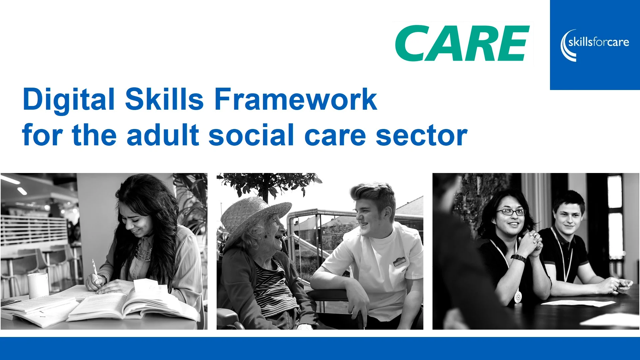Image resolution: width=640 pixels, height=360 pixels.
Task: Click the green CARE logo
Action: [462, 43]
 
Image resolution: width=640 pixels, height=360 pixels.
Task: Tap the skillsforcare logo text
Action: [599, 42]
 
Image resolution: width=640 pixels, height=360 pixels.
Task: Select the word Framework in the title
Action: [295, 99]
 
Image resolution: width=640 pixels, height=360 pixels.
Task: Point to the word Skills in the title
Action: [164, 99]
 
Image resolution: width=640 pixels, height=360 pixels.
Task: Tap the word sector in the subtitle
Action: [422, 136]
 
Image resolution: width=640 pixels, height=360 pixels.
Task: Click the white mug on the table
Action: [38, 285]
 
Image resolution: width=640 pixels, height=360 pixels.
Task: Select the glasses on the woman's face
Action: [511, 212]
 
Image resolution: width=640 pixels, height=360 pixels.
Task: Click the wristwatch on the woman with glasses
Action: [518, 258]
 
